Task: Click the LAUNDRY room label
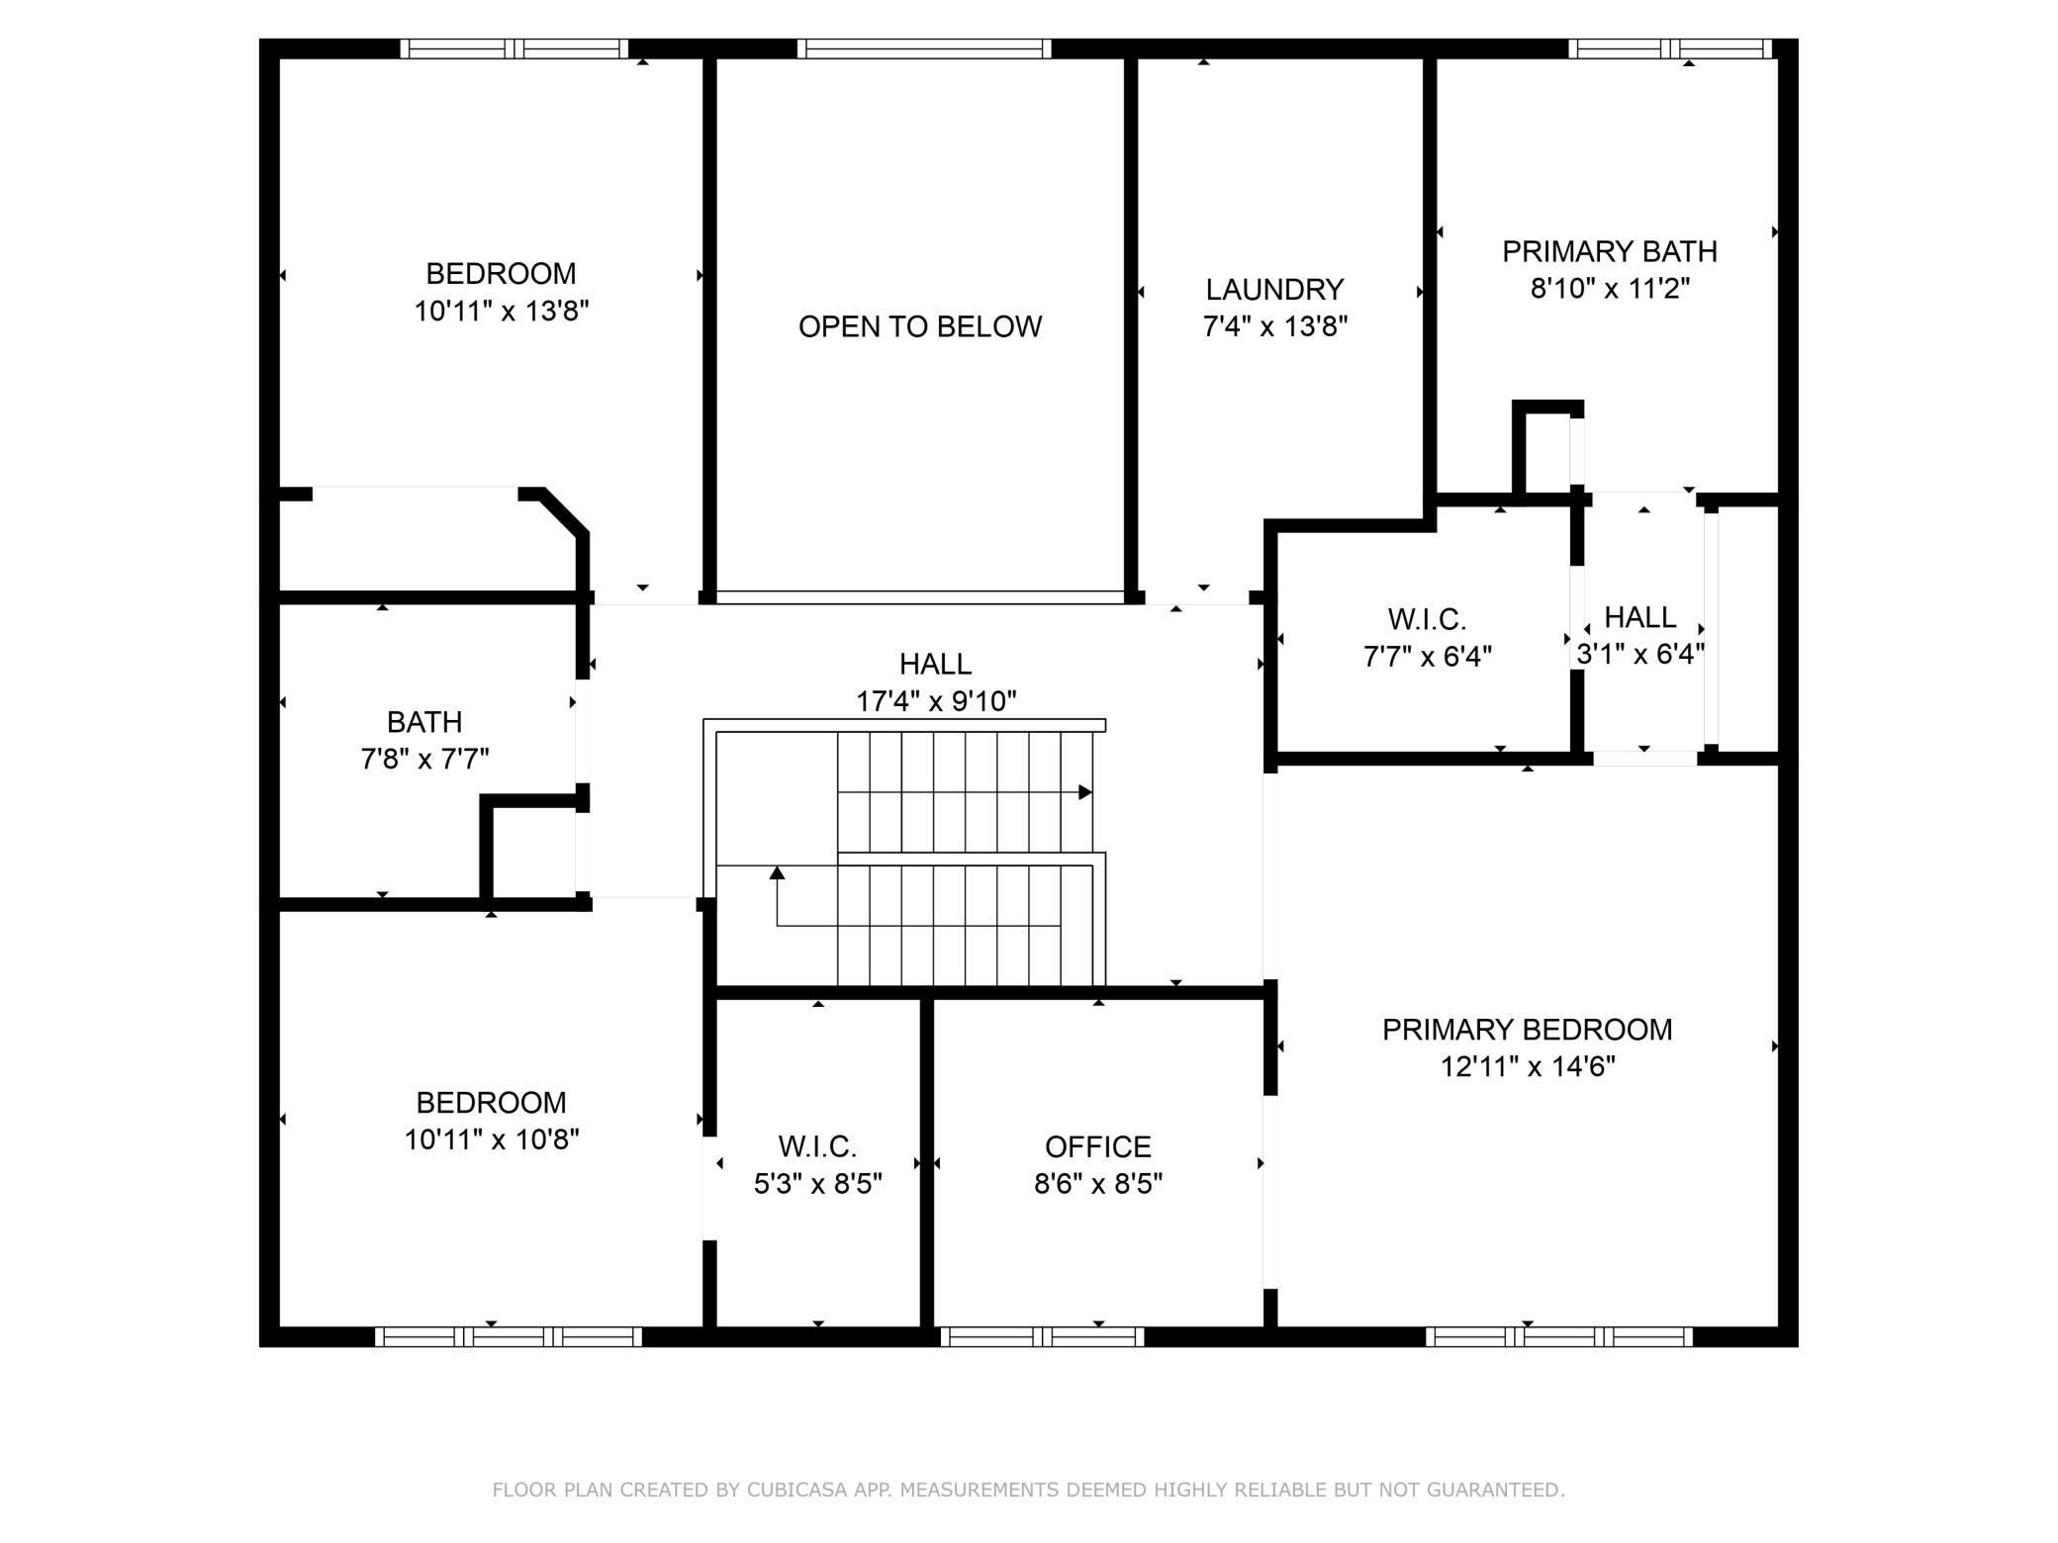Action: [x=1274, y=290]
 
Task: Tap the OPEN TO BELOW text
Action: [x=920, y=326]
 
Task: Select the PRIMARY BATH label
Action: [x=1610, y=252]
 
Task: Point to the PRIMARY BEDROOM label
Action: [x=1528, y=1030]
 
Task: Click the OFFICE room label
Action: [x=1098, y=1146]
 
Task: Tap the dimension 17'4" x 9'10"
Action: [x=936, y=701]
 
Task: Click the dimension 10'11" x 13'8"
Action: [x=502, y=311]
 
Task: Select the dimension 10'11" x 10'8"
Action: [x=492, y=1139]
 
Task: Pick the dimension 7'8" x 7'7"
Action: [x=424, y=759]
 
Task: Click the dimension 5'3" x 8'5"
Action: [x=818, y=1183]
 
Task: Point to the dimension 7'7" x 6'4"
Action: [x=1428, y=656]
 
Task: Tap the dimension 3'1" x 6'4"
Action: [x=1640, y=654]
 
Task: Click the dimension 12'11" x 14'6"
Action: [x=1528, y=1066]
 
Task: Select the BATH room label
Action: [x=424, y=722]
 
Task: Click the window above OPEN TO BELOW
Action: [x=924, y=48]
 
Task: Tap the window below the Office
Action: [x=1042, y=1337]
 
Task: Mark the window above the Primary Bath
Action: [x=1670, y=48]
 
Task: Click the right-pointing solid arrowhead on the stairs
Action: [x=1085, y=792]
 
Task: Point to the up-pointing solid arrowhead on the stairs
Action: [x=778, y=872]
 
